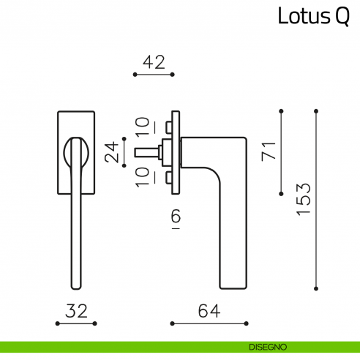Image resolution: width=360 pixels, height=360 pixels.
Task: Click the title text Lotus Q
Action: [313, 17]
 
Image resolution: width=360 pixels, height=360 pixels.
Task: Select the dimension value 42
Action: [153, 62]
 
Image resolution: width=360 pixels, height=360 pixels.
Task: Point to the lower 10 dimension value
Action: [142, 176]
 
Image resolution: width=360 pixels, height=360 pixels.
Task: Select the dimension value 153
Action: [304, 198]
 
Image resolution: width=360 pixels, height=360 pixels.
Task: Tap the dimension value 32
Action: [76, 310]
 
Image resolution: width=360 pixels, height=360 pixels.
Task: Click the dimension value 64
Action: [208, 310]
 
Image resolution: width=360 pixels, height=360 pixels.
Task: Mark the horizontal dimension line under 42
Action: [153, 75]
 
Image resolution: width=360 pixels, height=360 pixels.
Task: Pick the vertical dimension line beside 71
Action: [282, 152]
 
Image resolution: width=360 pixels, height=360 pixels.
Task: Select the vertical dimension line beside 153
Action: [316, 198]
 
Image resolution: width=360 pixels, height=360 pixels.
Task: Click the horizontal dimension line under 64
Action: [209, 323]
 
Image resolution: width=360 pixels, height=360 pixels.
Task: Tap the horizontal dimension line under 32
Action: [76, 323]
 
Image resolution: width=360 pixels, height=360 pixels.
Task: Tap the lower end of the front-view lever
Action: [76, 284]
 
